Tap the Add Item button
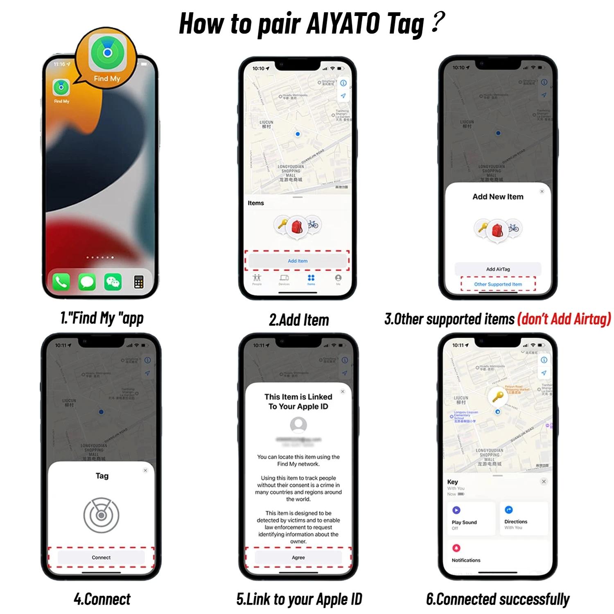[298, 261]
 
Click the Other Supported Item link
[498, 284]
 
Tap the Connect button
[101, 558]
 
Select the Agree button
[298, 558]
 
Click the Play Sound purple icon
[456, 510]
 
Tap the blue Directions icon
[509, 510]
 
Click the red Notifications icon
[456, 548]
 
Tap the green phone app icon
[61, 282]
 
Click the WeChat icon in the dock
[113, 282]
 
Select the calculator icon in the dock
[139, 282]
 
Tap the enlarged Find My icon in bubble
[107, 53]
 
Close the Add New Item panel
[542, 191]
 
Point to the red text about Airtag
[564, 319]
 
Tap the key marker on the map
[497, 396]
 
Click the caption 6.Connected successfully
[498, 599]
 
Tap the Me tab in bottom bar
[338, 279]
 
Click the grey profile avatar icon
[298, 425]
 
